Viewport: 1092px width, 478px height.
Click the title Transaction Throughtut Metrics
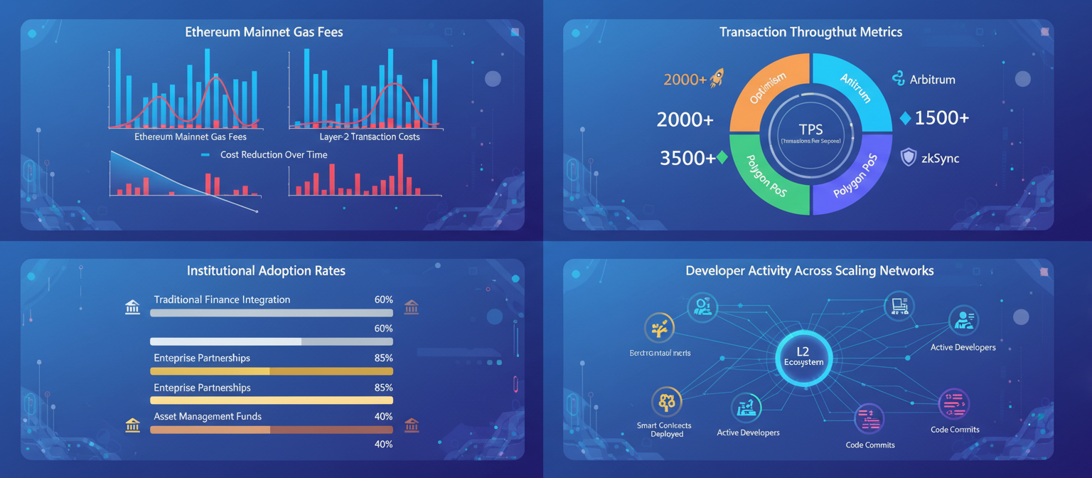(x=810, y=32)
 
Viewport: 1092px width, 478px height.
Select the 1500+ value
(x=941, y=118)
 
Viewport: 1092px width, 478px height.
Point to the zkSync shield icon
(x=908, y=157)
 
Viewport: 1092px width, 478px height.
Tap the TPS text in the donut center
(x=810, y=129)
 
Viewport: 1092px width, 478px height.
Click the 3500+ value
(x=687, y=158)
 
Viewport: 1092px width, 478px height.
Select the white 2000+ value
(x=685, y=120)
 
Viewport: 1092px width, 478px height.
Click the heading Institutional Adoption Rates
(x=266, y=271)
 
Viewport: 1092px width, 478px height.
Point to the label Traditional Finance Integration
(x=222, y=299)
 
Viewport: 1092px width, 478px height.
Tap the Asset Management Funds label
(x=208, y=416)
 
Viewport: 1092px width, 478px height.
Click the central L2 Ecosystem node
(x=803, y=355)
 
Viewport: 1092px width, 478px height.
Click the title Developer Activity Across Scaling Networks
(x=809, y=271)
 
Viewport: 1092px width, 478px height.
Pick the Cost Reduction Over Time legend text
(x=274, y=154)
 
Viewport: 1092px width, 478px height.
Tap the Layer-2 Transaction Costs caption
(x=370, y=137)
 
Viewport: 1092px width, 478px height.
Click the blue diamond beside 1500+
(x=905, y=118)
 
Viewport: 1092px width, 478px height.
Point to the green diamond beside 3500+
(x=722, y=158)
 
